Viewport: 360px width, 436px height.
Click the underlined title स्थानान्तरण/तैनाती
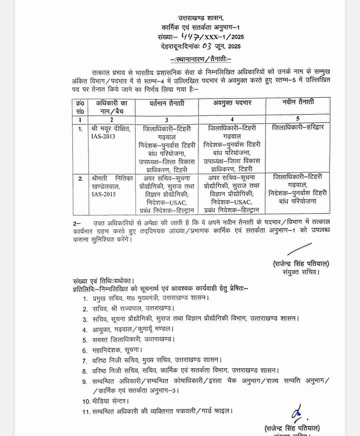point(201,59)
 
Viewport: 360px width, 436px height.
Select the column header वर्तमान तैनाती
point(167,103)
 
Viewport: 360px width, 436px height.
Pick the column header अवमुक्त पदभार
point(232,103)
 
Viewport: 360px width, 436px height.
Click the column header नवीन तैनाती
point(298,102)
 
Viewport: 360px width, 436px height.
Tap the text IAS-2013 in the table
point(103,136)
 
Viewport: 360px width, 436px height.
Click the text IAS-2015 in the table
point(103,194)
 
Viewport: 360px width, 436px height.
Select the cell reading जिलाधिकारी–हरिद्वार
point(298,127)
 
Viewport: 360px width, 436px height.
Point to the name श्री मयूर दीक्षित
point(111,128)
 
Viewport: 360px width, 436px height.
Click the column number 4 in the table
point(232,120)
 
